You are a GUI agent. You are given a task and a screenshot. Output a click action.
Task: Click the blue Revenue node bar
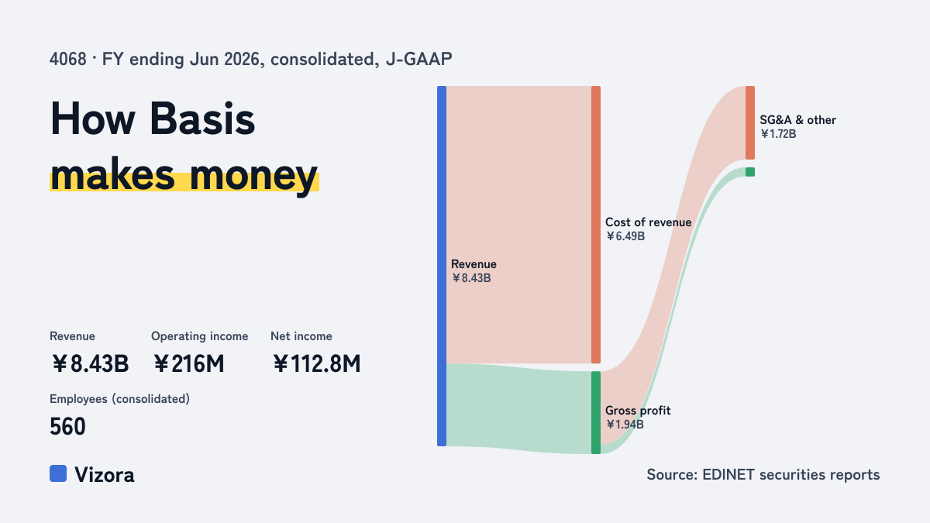[x=442, y=266]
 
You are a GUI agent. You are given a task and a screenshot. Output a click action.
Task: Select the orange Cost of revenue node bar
[x=596, y=225]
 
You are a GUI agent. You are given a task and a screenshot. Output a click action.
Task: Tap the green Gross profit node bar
[x=596, y=412]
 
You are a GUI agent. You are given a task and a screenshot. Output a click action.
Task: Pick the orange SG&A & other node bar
[x=750, y=123]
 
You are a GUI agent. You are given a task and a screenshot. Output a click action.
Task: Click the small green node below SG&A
[x=750, y=172]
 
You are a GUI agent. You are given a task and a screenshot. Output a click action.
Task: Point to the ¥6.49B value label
[x=625, y=236]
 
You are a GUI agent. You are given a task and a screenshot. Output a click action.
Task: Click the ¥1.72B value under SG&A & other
[x=778, y=134]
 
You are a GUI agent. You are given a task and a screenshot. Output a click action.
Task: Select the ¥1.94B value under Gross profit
[x=625, y=425]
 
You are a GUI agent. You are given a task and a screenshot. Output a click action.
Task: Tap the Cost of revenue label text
[x=648, y=222]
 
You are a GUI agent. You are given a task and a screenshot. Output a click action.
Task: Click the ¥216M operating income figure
[x=189, y=363]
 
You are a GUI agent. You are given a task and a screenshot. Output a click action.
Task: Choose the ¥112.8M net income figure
[x=317, y=363]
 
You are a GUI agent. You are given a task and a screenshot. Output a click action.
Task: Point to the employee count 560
[x=67, y=426]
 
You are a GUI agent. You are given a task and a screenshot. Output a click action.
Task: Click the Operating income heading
[x=200, y=336]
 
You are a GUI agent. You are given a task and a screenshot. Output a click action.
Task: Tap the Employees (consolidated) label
[x=119, y=399]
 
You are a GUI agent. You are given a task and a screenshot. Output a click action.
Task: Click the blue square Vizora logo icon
[x=58, y=473]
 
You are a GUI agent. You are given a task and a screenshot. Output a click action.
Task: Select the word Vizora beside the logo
[x=105, y=475]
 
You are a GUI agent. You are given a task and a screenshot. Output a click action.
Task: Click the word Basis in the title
[x=202, y=119]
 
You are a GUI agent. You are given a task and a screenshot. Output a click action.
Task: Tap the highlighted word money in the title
[x=253, y=176]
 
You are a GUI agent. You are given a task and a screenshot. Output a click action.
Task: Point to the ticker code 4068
[x=67, y=59]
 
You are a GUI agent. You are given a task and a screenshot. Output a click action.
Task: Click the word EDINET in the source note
[x=728, y=475]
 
